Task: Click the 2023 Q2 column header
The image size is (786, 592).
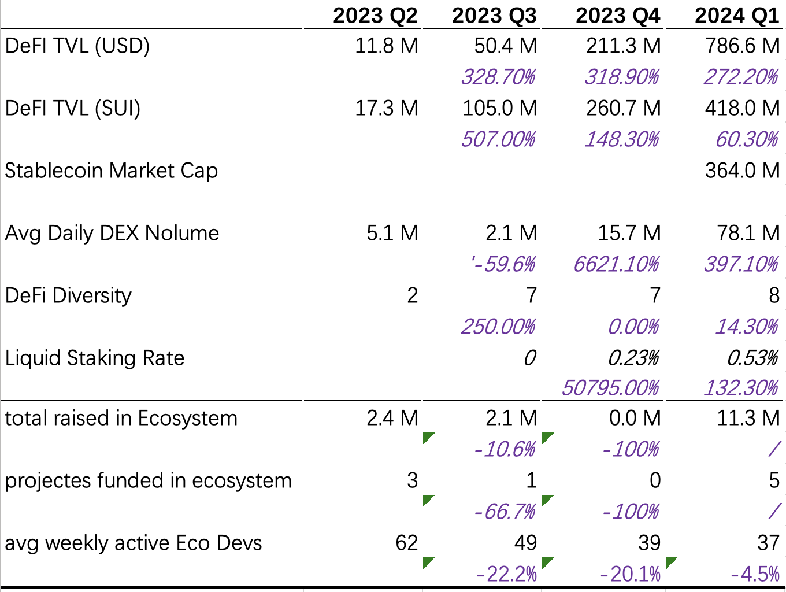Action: point(375,15)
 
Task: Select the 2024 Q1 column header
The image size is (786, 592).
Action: point(737,15)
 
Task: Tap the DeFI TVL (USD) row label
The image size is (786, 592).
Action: point(77,46)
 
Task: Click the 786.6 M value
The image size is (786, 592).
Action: point(742,46)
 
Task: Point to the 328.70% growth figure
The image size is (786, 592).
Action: point(498,77)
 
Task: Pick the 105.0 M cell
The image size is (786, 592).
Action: point(499,108)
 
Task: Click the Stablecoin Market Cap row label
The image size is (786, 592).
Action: point(112,171)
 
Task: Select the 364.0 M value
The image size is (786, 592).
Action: point(742,171)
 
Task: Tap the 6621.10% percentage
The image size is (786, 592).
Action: point(616,264)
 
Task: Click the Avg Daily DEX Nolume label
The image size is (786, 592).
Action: point(112,233)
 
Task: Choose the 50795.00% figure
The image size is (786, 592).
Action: point(610,388)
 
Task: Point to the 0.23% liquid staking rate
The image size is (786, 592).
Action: point(633,358)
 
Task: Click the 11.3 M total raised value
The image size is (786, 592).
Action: point(748,418)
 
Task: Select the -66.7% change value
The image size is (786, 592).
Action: point(505,512)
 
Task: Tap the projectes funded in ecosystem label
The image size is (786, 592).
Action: point(149,480)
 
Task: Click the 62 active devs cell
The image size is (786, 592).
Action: point(406,543)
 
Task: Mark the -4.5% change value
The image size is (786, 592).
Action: point(755,574)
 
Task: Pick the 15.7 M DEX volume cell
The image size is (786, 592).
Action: point(629,233)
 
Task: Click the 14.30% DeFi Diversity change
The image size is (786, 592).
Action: point(747,327)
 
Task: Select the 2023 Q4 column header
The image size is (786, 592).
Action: point(617,15)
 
